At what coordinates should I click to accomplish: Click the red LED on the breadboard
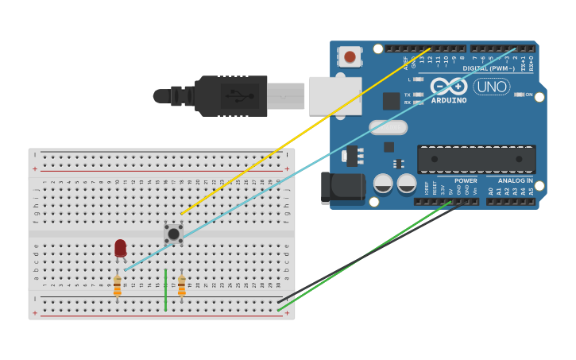click(x=120, y=247)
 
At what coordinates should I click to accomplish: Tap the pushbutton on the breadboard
click(x=173, y=233)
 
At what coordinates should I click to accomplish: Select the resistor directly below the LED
click(x=118, y=285)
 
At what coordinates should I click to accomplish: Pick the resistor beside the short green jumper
click(x=181, y=285)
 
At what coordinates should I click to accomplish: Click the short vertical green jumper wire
click(x=165, y=290)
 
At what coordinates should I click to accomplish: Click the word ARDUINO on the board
click(x=450, y=101)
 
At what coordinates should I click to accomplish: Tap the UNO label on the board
click(x=492, y=86)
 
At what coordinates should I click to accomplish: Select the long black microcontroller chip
click(x=476, y=159)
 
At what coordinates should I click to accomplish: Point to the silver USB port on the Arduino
click(x=334, y=96)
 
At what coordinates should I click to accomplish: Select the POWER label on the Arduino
click(x=466, y=180)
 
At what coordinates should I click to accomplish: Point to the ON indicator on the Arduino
click(x=526, y=95)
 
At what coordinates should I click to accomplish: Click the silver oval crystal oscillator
click(x=388, y=127)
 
